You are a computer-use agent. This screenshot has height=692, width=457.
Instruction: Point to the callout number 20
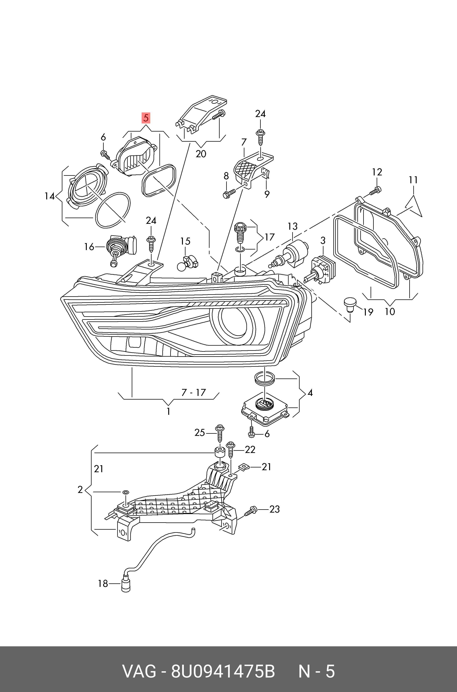pos(201,154)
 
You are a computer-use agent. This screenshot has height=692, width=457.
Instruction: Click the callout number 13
pos(293,226)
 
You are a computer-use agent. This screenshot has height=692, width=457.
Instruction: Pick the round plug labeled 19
pos(350,304)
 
